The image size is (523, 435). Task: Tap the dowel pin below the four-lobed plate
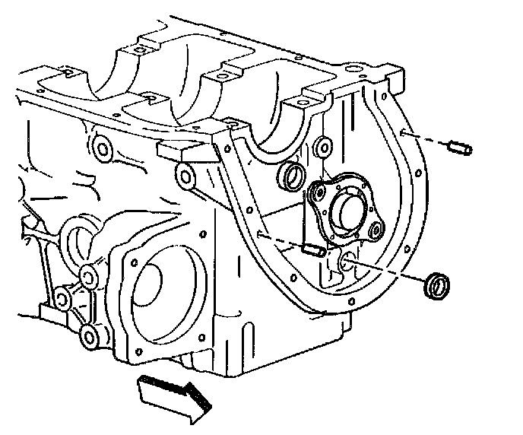(x=315, y=249)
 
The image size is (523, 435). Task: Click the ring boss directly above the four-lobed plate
(x=322, y=142)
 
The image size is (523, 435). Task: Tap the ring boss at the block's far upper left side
(x=98, y=146)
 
